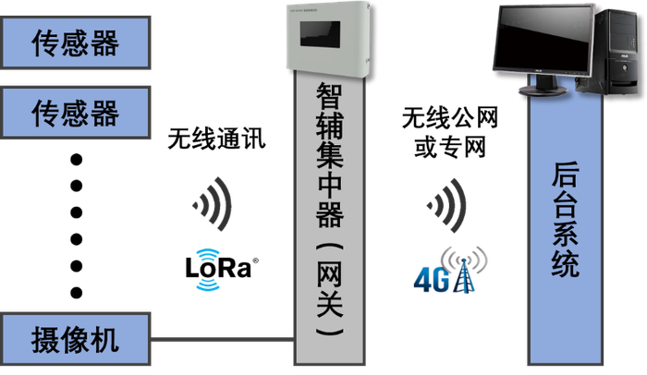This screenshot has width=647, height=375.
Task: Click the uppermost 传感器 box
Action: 76,42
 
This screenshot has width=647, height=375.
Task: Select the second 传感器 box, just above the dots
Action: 76,113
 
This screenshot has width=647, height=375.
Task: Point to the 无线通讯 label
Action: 216,140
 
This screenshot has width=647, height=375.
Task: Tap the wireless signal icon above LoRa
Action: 214,204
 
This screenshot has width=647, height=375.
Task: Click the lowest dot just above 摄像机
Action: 78,293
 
